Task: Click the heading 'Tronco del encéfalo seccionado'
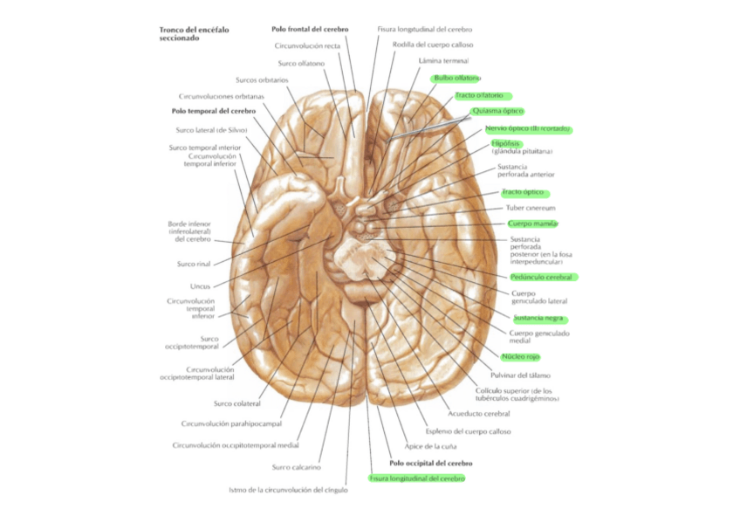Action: pos(191,34)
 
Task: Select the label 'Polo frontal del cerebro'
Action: pos(310,29)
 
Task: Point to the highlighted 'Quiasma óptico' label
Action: pos(497,111)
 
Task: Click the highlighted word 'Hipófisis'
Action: pos(506,142)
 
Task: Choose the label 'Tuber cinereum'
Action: pos(531,208)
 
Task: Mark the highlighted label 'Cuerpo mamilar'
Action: pos(532,224)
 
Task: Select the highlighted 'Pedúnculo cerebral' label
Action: pos(541,277)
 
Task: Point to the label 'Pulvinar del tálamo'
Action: pos(520,375)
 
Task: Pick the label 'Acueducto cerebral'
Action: pos(477,413)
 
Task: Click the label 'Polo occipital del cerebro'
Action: pos(430,463)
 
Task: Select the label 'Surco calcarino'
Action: pos(296,467)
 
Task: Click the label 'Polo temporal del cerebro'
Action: pos(213,112)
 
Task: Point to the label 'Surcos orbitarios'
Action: pos(262,79)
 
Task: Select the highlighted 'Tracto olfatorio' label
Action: pos(479,95)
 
